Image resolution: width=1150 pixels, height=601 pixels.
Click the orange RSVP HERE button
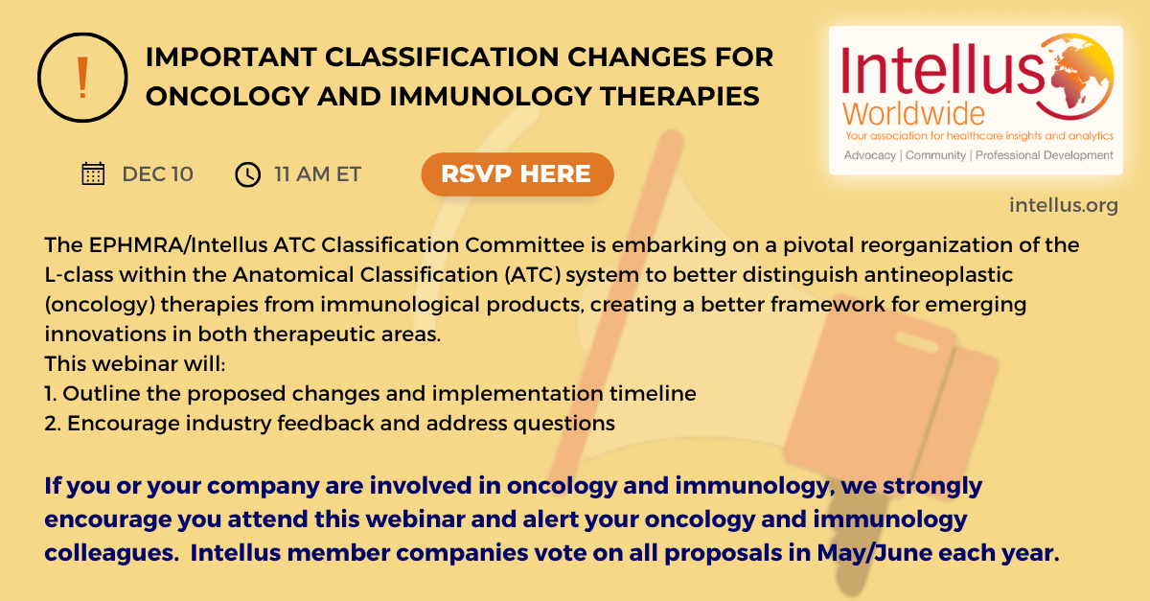(517, 174)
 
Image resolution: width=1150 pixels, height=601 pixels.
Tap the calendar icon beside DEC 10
(93, 173)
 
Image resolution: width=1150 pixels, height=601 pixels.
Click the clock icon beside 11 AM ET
(247, 174)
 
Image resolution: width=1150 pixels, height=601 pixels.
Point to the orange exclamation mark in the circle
(82, 77)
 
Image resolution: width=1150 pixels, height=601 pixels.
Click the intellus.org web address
(1063, 205)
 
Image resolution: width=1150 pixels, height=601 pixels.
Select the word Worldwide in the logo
(913, 113)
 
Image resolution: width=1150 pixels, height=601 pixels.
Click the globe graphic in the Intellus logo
(1075, 76)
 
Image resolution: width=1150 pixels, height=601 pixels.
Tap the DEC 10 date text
(157, 174)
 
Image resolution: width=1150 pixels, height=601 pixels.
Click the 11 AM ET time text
(318, 174)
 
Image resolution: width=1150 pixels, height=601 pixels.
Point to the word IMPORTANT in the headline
(231, 57)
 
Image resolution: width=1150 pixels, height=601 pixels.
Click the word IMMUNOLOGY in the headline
(491, 96)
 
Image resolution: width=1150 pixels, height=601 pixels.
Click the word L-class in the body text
(79, 275)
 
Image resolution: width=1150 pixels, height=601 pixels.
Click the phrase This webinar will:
(135, 363)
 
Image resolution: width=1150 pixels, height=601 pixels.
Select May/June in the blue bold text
(874, 553)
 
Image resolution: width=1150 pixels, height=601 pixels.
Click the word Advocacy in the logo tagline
(870, 155)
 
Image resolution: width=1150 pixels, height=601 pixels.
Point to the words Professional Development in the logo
(1045, 155)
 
